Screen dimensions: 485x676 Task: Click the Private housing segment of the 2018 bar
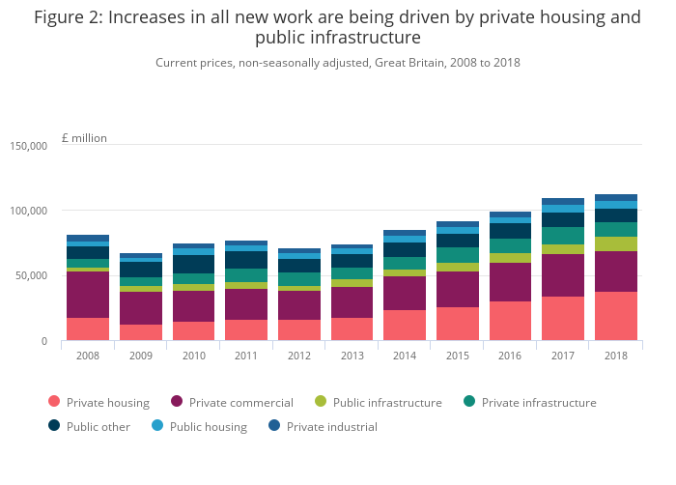pos(616,316)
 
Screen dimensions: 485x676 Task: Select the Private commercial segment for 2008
pos(88,294)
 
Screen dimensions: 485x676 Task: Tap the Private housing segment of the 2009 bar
pos(141,332)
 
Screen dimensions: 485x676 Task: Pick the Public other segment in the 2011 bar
pos(246,259)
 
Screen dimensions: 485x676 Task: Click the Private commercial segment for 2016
pos(511,282)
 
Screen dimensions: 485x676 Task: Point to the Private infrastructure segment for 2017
pos(563,236)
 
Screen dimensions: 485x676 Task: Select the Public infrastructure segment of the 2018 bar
pos(616,243)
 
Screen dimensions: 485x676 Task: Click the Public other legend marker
pos(53,426)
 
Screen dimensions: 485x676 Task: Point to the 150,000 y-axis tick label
pos(29,146)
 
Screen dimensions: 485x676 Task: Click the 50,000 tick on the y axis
pos(32,275)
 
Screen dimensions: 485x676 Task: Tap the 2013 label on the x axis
pos(352,356)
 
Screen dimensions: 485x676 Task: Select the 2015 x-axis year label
pos(458,356)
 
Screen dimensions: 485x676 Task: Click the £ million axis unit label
pos(84,138)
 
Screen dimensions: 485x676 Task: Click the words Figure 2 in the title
pos(69,17)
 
